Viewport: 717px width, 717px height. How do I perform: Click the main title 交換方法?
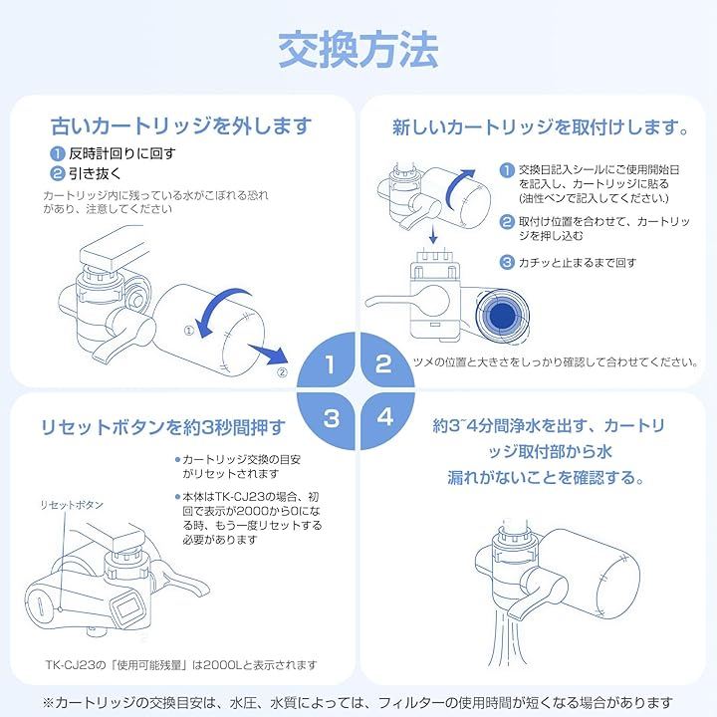point(358,50)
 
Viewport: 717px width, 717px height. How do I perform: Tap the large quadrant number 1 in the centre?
point(330,364)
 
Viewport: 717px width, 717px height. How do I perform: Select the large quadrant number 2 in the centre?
point(383,364)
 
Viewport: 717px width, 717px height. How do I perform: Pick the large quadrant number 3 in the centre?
point(332,418)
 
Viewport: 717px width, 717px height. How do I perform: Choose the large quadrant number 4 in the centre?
point(385,417)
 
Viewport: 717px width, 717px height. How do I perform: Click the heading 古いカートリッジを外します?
point(181,125)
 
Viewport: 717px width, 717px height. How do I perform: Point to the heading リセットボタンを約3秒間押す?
point(162,427)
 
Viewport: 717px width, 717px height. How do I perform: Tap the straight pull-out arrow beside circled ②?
point(269,353)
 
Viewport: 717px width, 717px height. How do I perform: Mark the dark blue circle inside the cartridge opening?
point(502,315)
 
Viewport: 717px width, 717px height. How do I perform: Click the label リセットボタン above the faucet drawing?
point(72,505)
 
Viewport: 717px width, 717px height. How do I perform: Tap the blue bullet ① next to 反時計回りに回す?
point(57,153)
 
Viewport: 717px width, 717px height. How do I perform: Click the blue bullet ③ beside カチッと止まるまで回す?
point(507,263)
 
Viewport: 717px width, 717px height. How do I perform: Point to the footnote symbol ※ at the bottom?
point(48,702)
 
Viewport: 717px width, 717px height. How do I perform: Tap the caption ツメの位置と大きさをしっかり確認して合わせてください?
point(556,362)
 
